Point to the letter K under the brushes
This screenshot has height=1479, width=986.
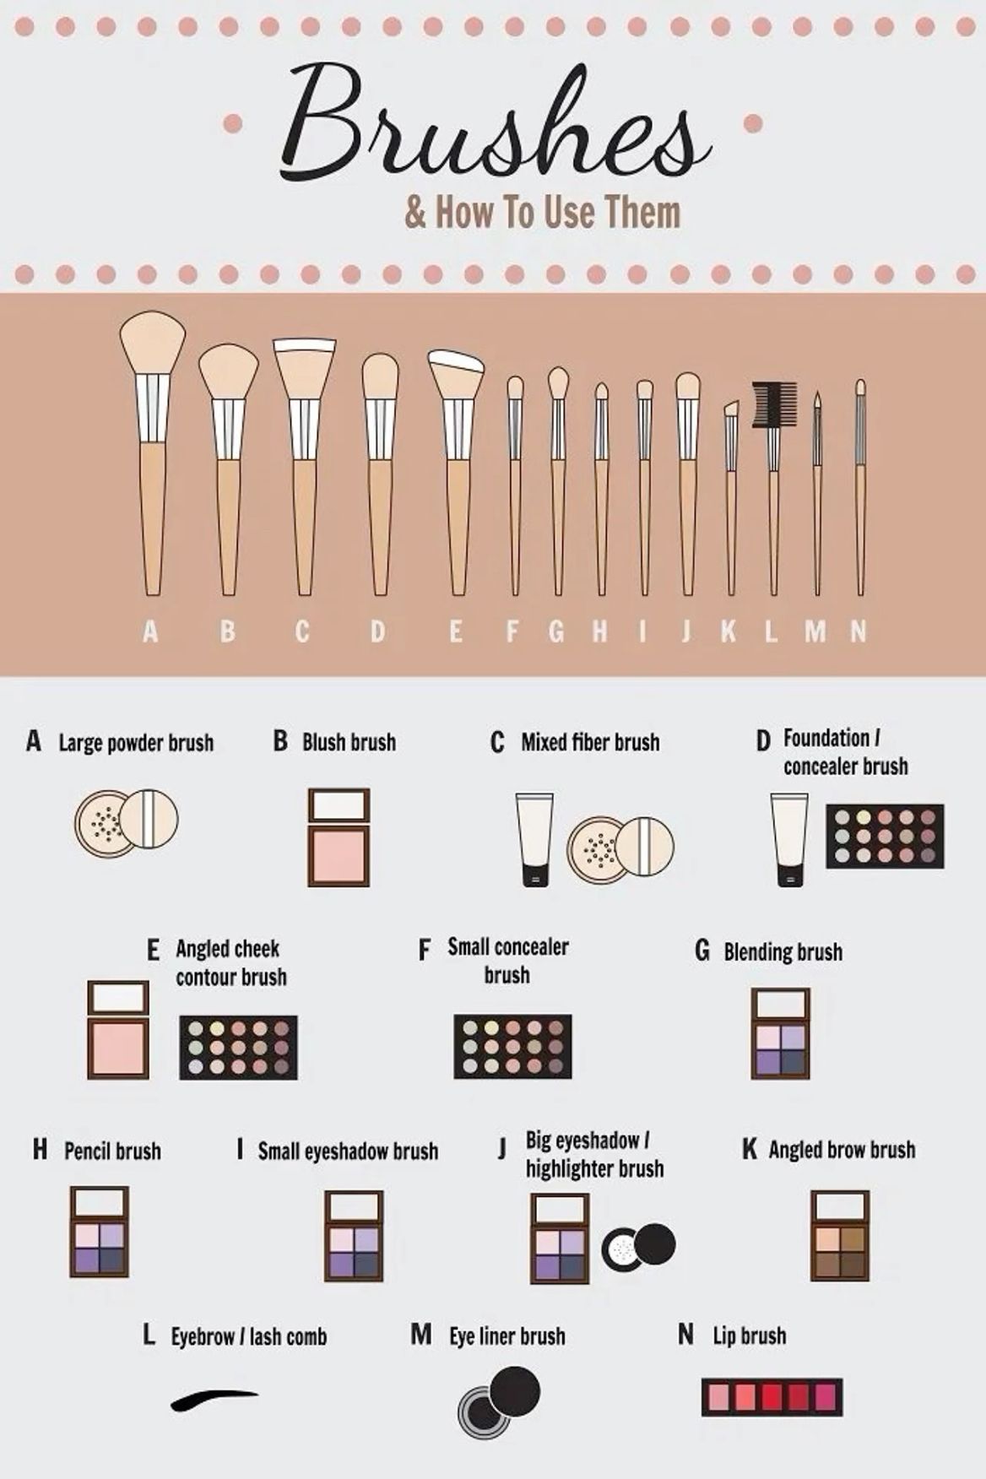(x=729, y=631)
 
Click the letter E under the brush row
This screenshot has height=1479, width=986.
(x=456, y=631)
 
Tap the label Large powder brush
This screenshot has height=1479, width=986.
(x=136, y=743)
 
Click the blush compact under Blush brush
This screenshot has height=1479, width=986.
(x=339, y=837)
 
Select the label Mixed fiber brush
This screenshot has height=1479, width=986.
(x=590, y=742)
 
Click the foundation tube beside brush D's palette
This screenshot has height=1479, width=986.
(x=789, y=839)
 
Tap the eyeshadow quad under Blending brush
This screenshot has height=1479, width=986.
(x=781, y=1034)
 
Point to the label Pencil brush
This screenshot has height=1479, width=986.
(x=112, y=1151)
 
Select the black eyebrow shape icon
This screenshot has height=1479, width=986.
(x=214, y=1399)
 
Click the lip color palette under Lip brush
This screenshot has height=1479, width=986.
(x=772, y=1397)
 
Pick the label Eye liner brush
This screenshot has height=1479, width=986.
(x=507, y=1336)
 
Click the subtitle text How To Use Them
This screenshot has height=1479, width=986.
(x=558, y=211)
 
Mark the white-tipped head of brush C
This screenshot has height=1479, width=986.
(x=304, y=345)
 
